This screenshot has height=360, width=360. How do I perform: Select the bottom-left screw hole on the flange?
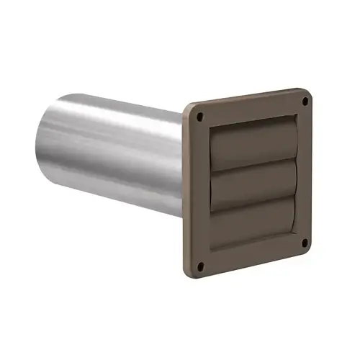(x=201, y=267)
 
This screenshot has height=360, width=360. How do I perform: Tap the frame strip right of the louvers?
(x=303, y=173)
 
